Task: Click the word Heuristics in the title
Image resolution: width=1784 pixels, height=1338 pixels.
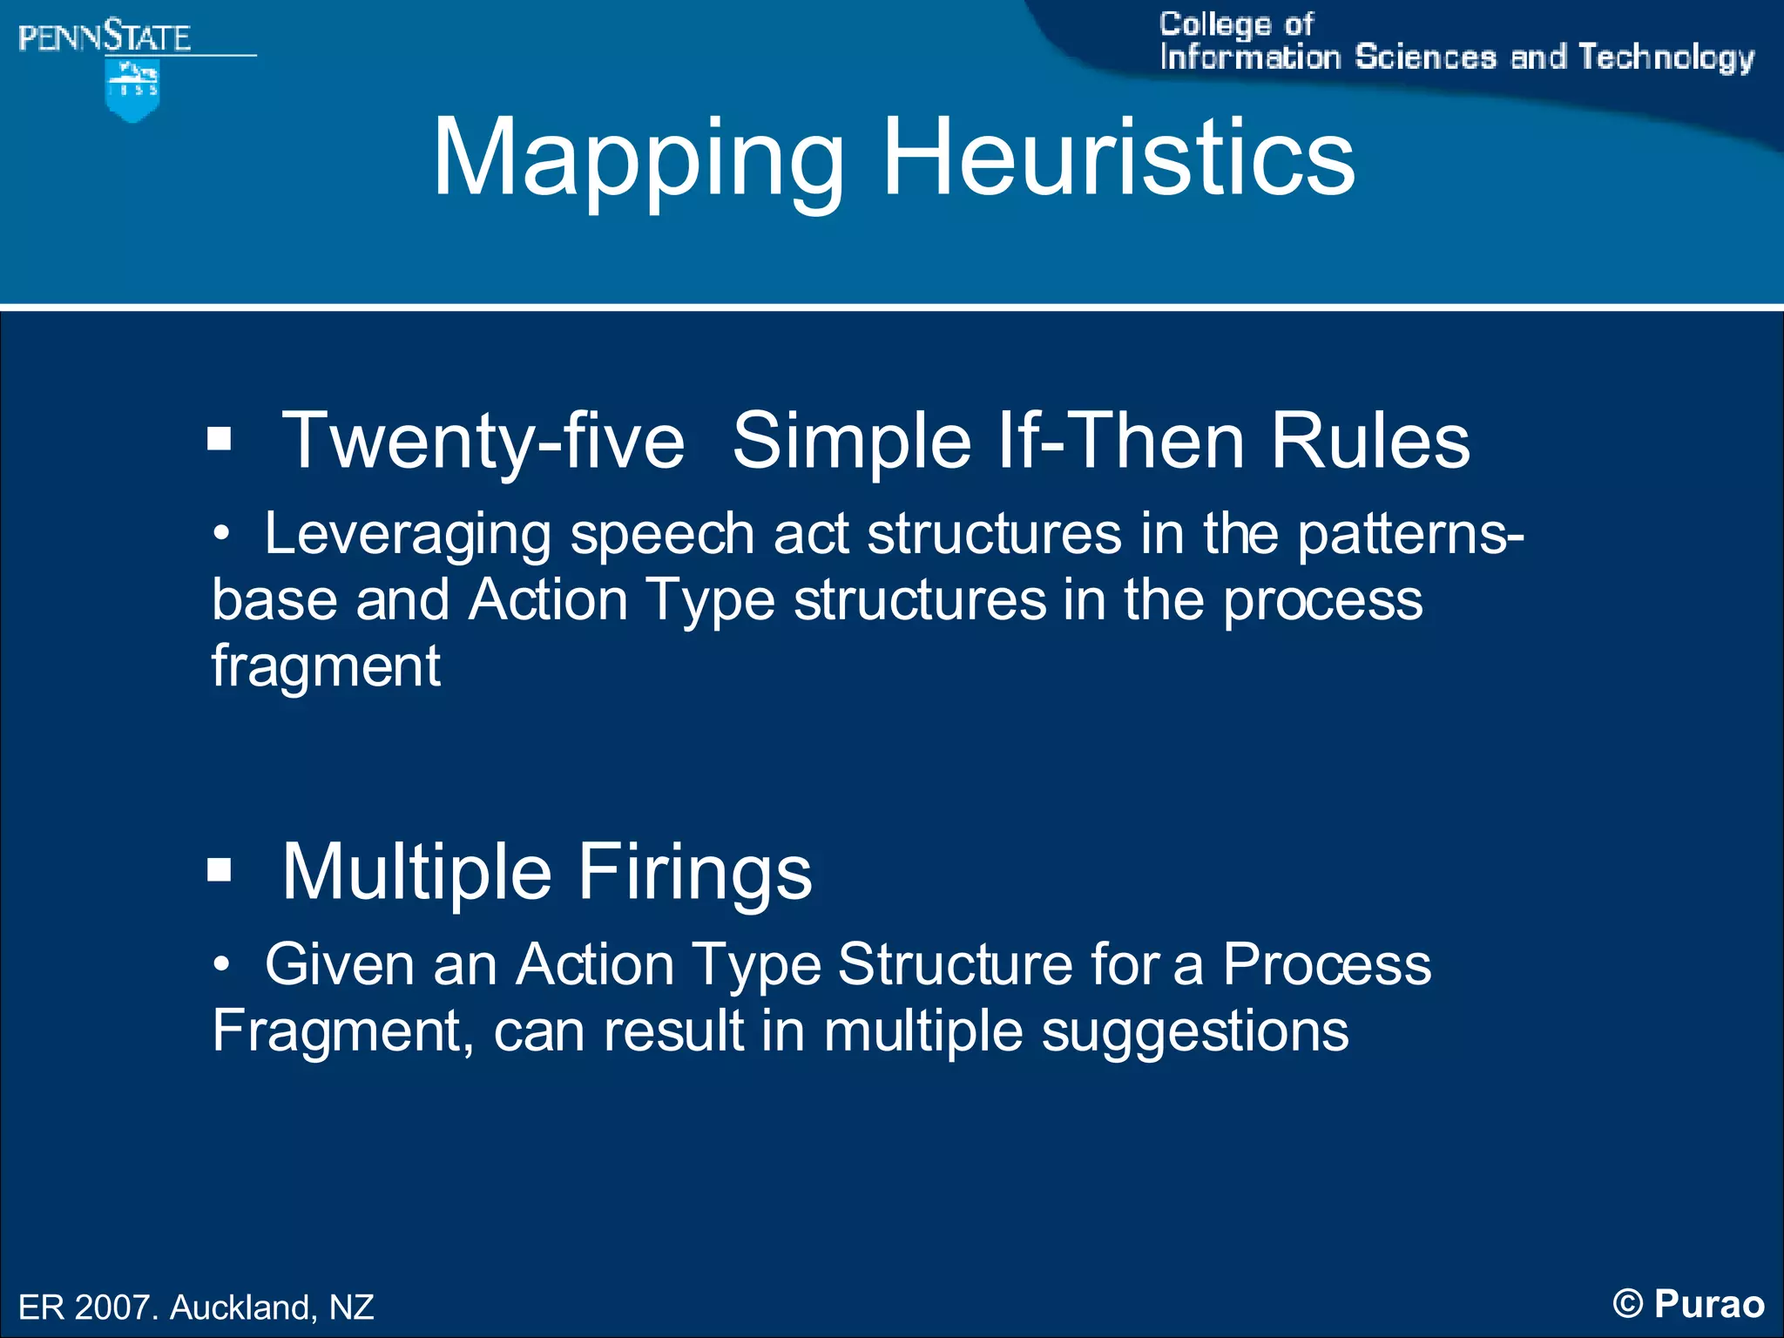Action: (1118, 158)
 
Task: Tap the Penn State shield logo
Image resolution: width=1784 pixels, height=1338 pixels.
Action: (132, 91)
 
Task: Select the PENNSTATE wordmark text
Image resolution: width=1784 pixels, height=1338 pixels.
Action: (105, 37)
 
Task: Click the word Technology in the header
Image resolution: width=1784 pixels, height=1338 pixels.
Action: (1666, 57)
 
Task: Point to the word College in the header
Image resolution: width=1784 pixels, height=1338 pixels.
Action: (1214, 24)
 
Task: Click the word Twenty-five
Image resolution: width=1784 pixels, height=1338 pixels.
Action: (483, 442)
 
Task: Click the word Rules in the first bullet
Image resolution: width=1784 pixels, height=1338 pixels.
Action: (1370, 441)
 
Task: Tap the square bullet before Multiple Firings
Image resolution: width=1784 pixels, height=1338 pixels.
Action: (220, 869)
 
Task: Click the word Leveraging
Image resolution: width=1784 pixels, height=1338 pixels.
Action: (408, 534)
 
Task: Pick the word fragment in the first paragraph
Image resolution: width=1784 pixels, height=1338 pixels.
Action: (326, 666)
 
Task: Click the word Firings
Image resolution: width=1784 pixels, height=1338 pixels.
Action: (694, 872)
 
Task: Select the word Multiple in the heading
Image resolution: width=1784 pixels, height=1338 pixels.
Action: (416, 872)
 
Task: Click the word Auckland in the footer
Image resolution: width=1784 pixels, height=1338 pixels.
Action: (243, 1308)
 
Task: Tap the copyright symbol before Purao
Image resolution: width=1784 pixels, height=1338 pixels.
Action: (1627, 1304)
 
